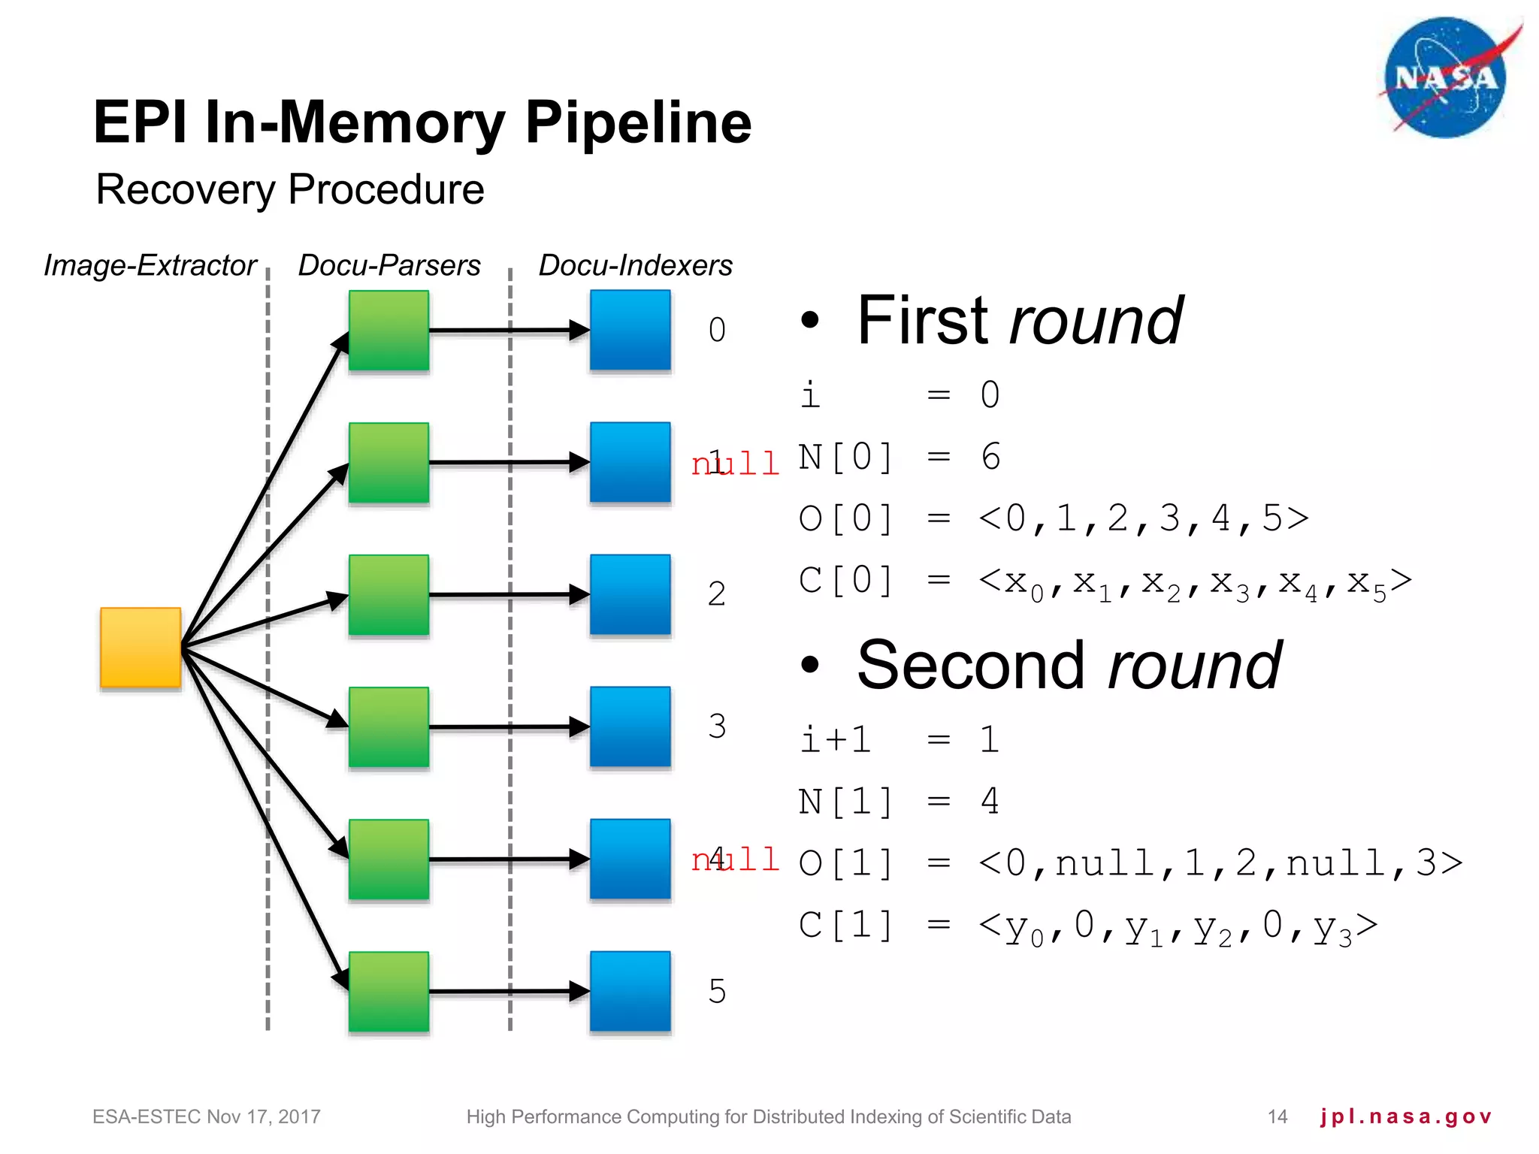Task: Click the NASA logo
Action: [x=1446, y=78]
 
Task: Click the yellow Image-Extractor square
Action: [x=141, y=648]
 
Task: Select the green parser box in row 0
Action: [x=389, y=331]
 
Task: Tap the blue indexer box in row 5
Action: [x=630, y=991]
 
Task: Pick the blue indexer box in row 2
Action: [x=630, y=594]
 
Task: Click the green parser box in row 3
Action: [x=389, y=727]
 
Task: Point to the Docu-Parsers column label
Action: [x=389, y=265]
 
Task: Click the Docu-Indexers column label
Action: [x=635, y=265]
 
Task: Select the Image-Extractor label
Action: [x=150, y=265]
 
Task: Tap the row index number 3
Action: [x=717, y=727]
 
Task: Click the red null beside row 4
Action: [x=735, y=859]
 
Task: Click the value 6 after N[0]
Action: [x=990, y=457]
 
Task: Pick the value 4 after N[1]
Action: [x=990, y=801]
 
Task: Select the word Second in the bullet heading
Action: [x=970, y=666]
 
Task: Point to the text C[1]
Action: [x=845, y=925]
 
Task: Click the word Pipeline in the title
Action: [x=638, y=122]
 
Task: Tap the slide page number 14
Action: [x=1277, y=1116]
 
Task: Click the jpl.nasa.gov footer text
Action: [x=1405, y=1116]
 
